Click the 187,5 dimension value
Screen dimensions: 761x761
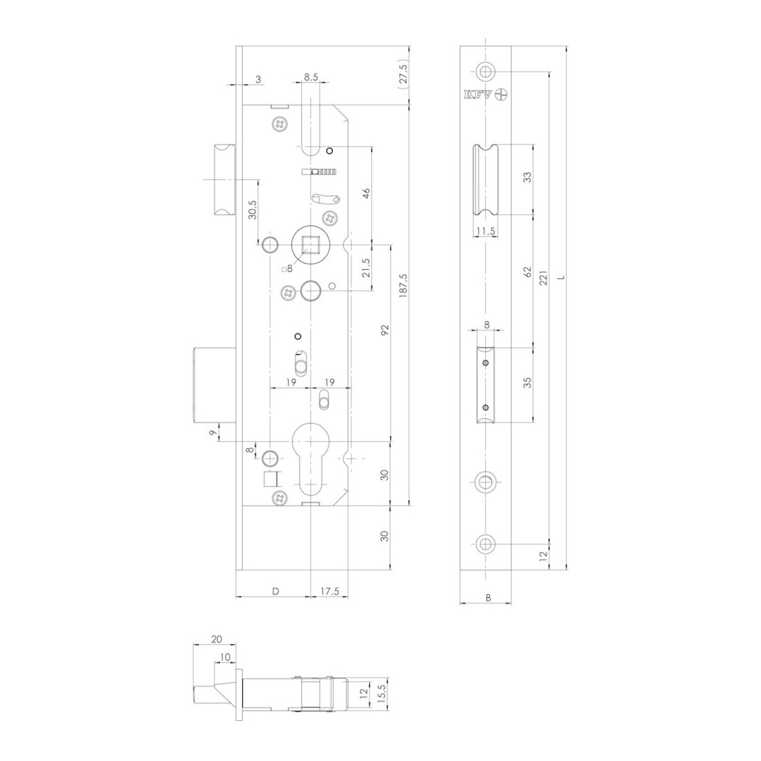click(x=403, y=285)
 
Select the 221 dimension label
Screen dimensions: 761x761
click(x=543, y=277)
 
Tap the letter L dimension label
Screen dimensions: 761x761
click(x=561, y=277)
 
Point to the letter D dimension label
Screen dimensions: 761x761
click(x=275, y=591)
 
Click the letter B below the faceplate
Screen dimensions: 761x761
click(x=488, y=598)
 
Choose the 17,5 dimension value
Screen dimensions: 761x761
click(x=329, y=591)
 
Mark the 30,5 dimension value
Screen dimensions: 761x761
click(x=253, y=209)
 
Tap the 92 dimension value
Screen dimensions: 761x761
click(x=385, y=330)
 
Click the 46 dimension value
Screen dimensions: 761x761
click(x=367, y=192)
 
